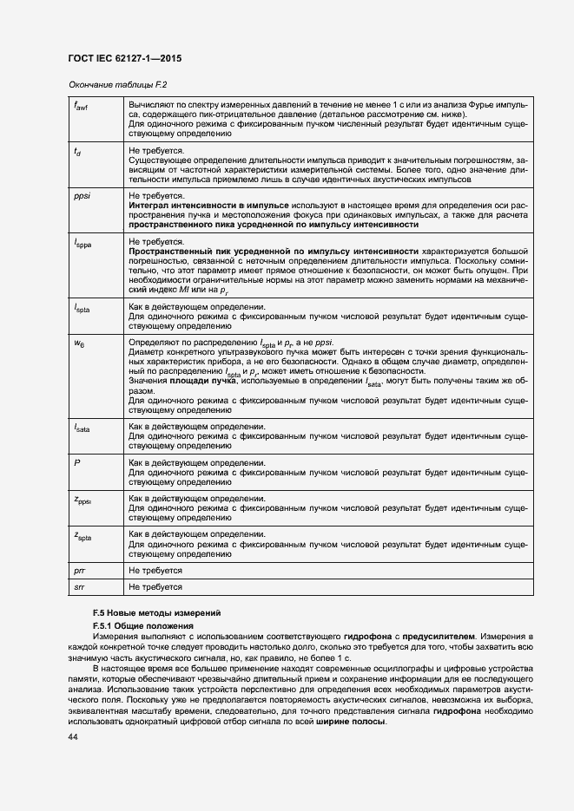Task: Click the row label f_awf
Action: click(81, 106)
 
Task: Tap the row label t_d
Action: click(77, 153)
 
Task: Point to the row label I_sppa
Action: click(82, 244)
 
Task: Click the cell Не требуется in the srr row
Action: click(155, 587)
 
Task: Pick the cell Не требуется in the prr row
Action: click(155, 570)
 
